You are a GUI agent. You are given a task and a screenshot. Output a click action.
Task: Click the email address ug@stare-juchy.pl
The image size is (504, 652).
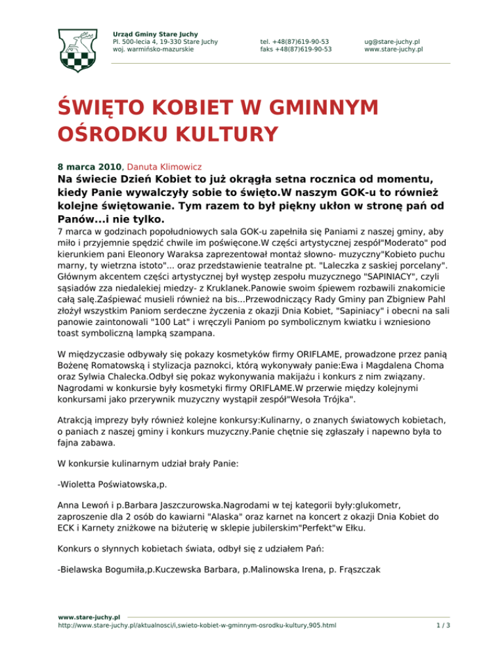[x=392, y=41]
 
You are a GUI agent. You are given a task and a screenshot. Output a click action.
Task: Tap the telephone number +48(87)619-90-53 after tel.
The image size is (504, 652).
[x=302, y=41]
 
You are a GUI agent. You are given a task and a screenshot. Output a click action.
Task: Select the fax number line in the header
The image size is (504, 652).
[x=295, y=49]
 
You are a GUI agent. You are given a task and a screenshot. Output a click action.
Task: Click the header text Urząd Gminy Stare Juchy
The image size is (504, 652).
[x=156, y=33]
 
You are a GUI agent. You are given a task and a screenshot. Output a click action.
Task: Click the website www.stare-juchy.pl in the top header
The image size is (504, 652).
[x=393, y=49]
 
